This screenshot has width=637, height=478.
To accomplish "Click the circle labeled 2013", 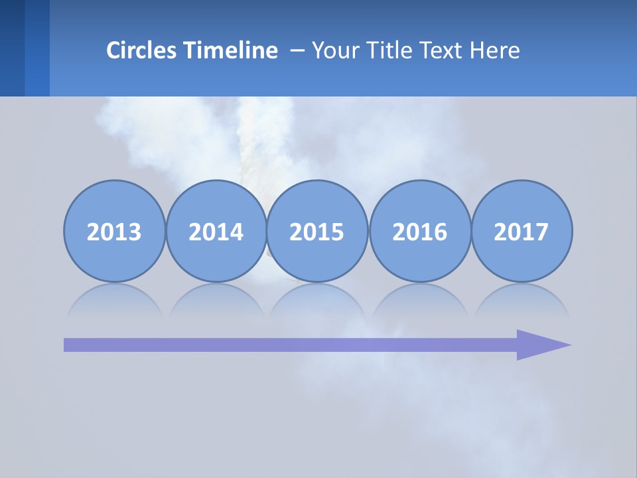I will [x=114, y=231].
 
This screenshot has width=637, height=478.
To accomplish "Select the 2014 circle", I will [x=216, y=231].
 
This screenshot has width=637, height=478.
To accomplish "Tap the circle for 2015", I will [x=317, y=231].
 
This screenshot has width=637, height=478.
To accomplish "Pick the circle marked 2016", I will [x=420, y=231].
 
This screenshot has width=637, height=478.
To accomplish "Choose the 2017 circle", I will [x=522, y=231].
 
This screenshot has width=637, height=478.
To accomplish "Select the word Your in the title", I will [x=332, y=50].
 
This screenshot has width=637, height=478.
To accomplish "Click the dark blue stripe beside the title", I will [x=12, y=48].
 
